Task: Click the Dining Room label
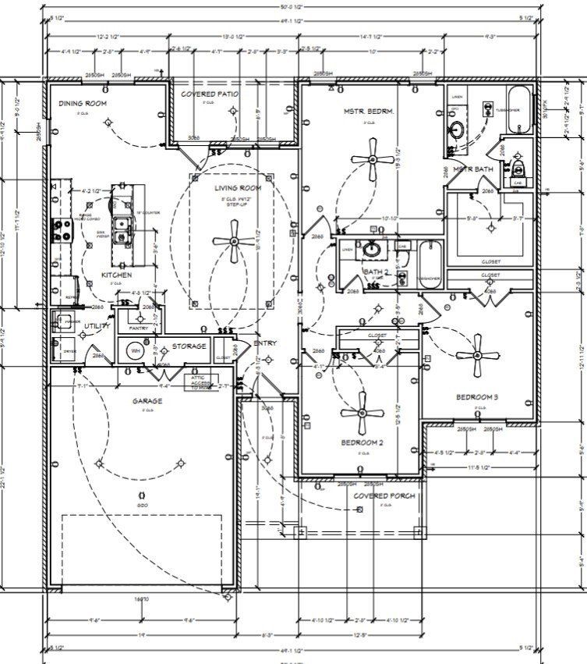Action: (x=83, y=103)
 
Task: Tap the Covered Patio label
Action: (x=210, y=94)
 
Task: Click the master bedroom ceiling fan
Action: (x=373, y=159)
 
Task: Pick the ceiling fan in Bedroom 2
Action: (x=362, y=414)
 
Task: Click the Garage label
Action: (x=147, y=402)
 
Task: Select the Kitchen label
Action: (x=115, y=275)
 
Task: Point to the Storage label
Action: (x=189, y=346)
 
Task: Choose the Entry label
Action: (x=264, y=343)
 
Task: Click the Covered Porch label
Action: (x=384, y=495)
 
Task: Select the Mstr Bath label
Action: (x=473, y=169)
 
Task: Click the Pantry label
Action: (x=139, y=328)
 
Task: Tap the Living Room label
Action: (x=238, y=188)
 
